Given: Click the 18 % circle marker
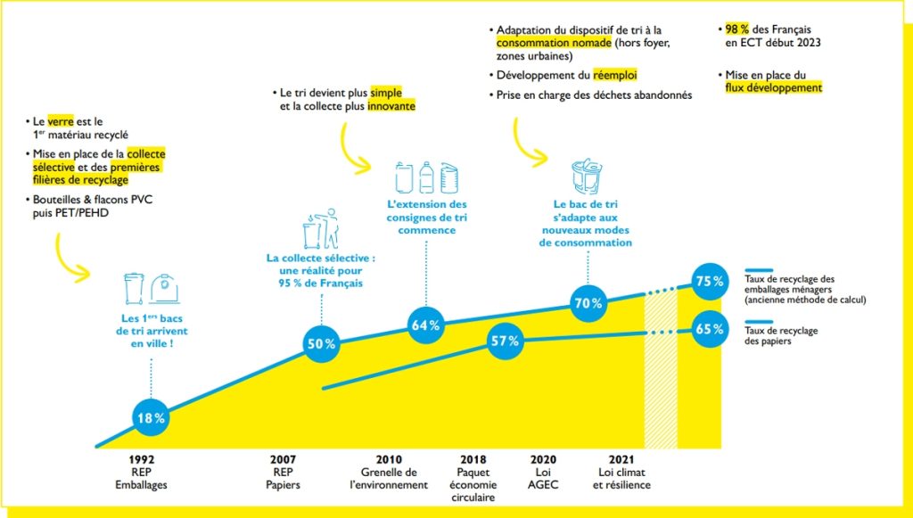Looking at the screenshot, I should pyautogui.click(x=149, y=417).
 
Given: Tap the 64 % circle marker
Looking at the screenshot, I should pyautogui.click(x=426, y=325).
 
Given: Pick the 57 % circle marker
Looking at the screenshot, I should pyautogui.click(x=505, y=341).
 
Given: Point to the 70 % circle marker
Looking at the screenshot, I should pyautogui.click(x=588, y=303).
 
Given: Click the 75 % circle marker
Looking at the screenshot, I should pyautogui.click(x=710, y=281).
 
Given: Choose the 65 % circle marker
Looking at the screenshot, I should pyautogui.click(x=710, y=328).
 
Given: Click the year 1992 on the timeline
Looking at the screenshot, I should pyautogui.click(x=142, y=461).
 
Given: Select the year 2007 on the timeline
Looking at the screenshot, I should pyautogui.click(x=283, y=461).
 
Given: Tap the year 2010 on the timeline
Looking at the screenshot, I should pyautogui.click(x=389, y=461).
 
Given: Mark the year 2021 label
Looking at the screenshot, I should pyautogui.click(x=621, y=461).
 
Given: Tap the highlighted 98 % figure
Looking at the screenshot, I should pyautogui.click(x=738, y=28).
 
